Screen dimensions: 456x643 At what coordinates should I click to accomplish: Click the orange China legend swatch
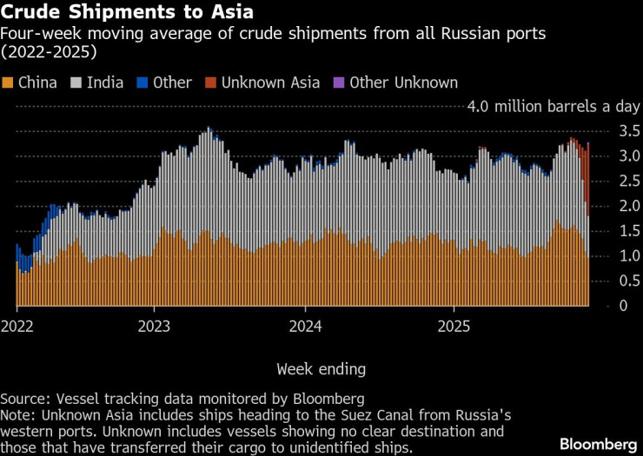(x=8, y=83)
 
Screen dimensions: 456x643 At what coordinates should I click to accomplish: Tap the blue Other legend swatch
(x=143, y=83)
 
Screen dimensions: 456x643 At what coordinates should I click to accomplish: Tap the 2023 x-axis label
(x=154, y=327)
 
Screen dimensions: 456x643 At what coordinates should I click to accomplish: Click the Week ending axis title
(x=321, y=369)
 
